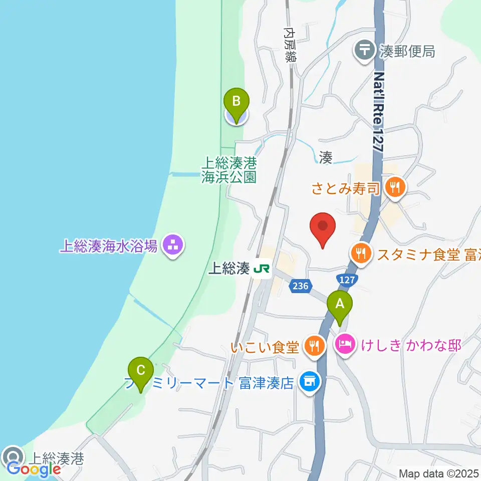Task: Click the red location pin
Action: coord(323,228)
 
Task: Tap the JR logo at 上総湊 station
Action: coord(262,269)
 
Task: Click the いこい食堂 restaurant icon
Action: coord(314,346)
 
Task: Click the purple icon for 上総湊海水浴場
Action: coord(172,246)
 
